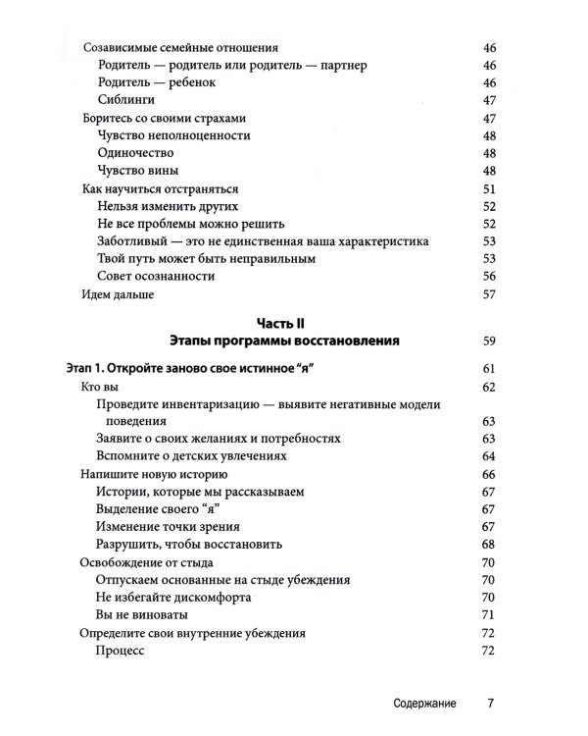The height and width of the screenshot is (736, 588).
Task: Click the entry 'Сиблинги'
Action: (x=127, y=100)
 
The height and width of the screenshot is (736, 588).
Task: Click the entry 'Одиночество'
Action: (x=136, y=153)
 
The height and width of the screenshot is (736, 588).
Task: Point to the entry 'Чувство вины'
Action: (x=138, y=171)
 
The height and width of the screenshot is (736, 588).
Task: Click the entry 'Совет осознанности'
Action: (x=157, y=277)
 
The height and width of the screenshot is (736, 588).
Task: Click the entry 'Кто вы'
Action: (x=99, y=388)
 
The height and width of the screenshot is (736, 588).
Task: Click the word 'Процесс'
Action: (x=122, y=651)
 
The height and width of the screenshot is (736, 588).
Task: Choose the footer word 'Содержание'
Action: (x=421, y=704)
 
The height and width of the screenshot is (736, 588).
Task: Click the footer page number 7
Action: (x=492, y=704)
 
